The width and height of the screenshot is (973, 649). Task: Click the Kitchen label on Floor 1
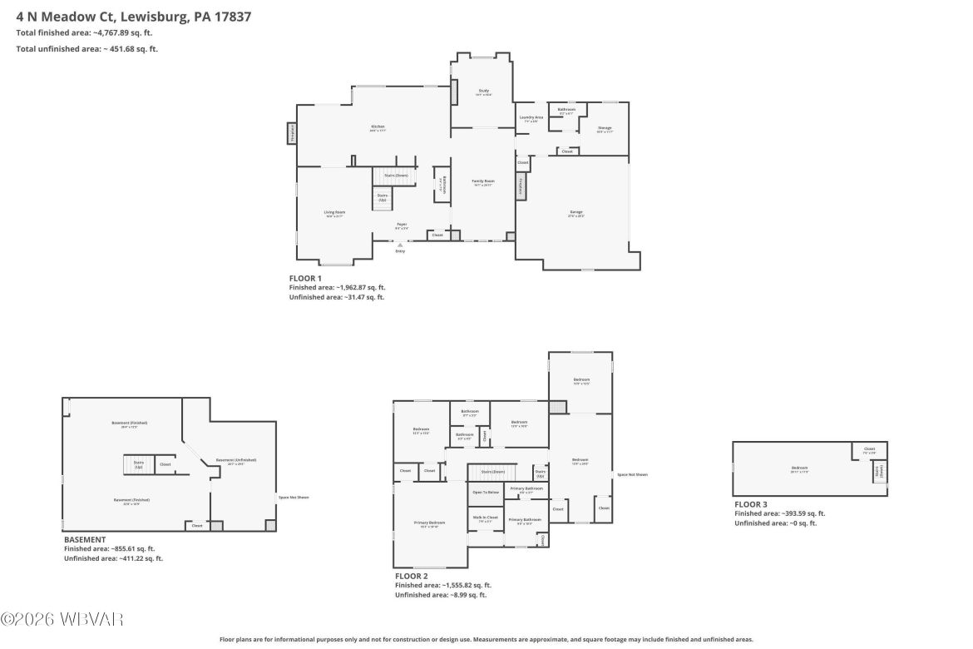tap(378, 126)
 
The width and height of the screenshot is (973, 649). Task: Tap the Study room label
tap(483, 91)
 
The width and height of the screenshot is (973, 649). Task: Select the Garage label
tap(576, 212)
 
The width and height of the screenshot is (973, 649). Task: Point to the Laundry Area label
tap(531, 117)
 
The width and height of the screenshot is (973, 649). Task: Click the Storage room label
tap(605, 128)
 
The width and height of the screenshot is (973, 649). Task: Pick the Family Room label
tap(483, 181)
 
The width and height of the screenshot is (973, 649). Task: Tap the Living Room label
tap(334, 212)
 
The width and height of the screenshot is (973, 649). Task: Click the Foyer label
tap(401, 224)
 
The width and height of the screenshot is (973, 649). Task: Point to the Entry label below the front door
tap(400, 250)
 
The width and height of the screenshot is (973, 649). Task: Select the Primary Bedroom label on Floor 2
tap(430, 523)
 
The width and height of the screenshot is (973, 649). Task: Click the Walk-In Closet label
tap(486, 518)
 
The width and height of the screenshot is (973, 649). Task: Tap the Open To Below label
tap(486, 492)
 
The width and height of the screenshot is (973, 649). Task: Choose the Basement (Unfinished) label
tap(236, 460)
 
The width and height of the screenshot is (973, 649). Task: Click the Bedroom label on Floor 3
tap(799, 468)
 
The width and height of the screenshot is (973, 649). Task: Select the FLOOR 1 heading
tap(304, 278)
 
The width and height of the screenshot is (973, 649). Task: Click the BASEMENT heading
tap(85, 539)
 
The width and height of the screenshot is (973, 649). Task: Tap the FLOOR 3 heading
tap(751, 504)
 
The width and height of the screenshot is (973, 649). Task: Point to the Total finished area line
tap(84, 32)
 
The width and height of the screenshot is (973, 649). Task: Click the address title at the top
tap(134, 16)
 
